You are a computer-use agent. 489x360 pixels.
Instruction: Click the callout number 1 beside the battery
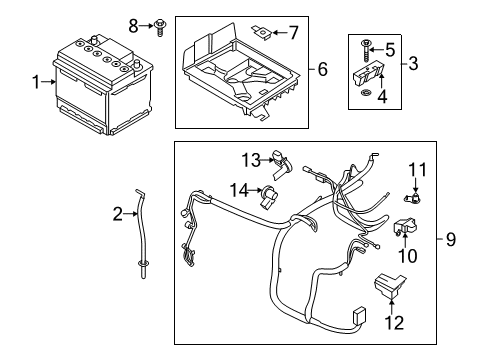(37, 83)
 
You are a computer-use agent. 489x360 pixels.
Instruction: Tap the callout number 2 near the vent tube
(117, 213)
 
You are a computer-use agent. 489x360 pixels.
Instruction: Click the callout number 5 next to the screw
(390, 48)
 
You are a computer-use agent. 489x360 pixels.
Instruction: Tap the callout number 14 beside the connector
(239, 190)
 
